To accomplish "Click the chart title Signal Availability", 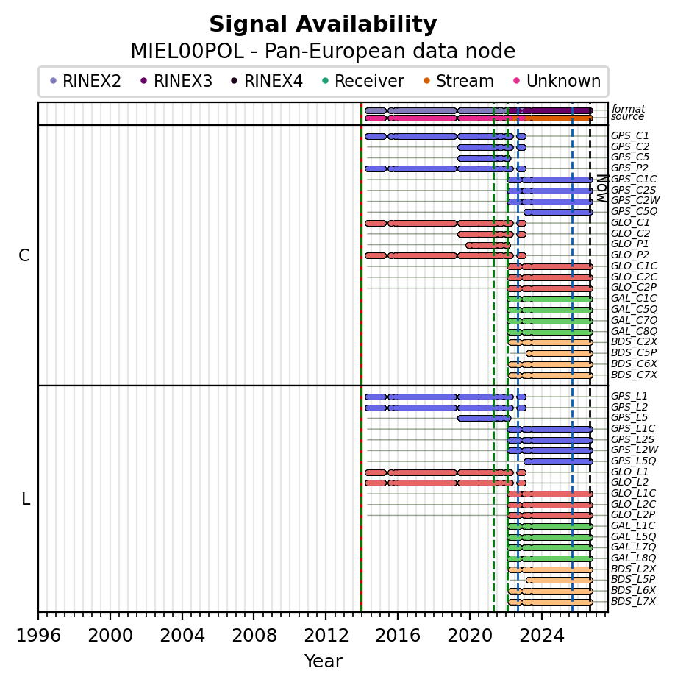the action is point(323,24).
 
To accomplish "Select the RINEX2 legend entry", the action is point(85,81).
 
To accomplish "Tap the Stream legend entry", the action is point(459,81).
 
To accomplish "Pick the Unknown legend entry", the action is point(557,81).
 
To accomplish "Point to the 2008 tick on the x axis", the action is point(254,616).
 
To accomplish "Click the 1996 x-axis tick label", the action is point(38,635).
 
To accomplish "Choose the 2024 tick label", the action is point(542,635).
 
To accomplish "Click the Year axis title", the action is point(323,661).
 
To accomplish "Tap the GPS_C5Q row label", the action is point(634,211).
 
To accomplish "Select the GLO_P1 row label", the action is point(629,244).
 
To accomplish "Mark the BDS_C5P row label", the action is point(634,352).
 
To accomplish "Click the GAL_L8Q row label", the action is point(634,558).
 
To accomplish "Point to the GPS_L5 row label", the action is point(629,417).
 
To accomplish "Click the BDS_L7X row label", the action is point(633,601).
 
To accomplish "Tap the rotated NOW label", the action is point(602,188).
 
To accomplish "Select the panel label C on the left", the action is point(24,255).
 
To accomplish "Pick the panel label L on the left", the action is point(26,499).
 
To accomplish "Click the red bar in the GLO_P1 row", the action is point(488,245).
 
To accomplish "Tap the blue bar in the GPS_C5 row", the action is point(485,158).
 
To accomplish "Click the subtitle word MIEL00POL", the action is point(187,51).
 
